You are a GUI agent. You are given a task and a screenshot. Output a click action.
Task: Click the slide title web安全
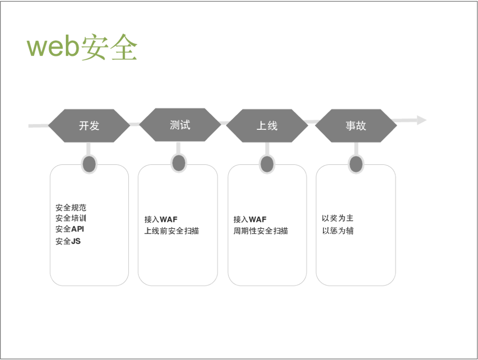pos(82,47)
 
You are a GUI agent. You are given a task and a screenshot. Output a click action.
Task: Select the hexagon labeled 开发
pos(89,126)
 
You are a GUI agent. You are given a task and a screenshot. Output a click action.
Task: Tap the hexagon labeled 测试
pos(180,125)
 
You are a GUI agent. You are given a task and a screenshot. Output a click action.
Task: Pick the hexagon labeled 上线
pos(267,126)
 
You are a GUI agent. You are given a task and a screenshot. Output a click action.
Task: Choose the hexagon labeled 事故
pos(356,126)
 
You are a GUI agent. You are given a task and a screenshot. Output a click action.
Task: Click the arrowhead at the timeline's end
pos(422,120)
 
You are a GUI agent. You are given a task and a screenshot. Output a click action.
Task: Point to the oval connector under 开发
pos(89,164)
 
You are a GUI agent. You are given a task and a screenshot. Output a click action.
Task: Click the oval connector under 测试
pos(179,163)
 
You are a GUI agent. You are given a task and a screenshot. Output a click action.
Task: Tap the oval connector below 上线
pos(267,164)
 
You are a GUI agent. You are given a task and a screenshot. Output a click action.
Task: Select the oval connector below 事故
pos(356,164)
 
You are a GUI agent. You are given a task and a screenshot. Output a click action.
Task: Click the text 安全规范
pos(71,208)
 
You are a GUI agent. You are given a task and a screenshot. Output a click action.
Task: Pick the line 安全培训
pos(71,218)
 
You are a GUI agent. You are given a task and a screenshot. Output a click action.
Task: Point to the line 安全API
pos(70,229)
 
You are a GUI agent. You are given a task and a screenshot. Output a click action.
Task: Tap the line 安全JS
pos(68,241)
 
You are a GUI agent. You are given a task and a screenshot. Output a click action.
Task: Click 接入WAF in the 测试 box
pos(161,219)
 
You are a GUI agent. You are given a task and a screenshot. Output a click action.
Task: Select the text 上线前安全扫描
pos(172,231)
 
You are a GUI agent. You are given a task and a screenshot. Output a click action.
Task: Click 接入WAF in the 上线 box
pos(250,219)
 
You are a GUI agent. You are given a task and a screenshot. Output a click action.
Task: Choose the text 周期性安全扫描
pos(261,231)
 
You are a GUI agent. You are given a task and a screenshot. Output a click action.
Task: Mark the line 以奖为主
pos(337,218)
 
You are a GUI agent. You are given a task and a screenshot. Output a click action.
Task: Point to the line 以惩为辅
pos(337,231)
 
